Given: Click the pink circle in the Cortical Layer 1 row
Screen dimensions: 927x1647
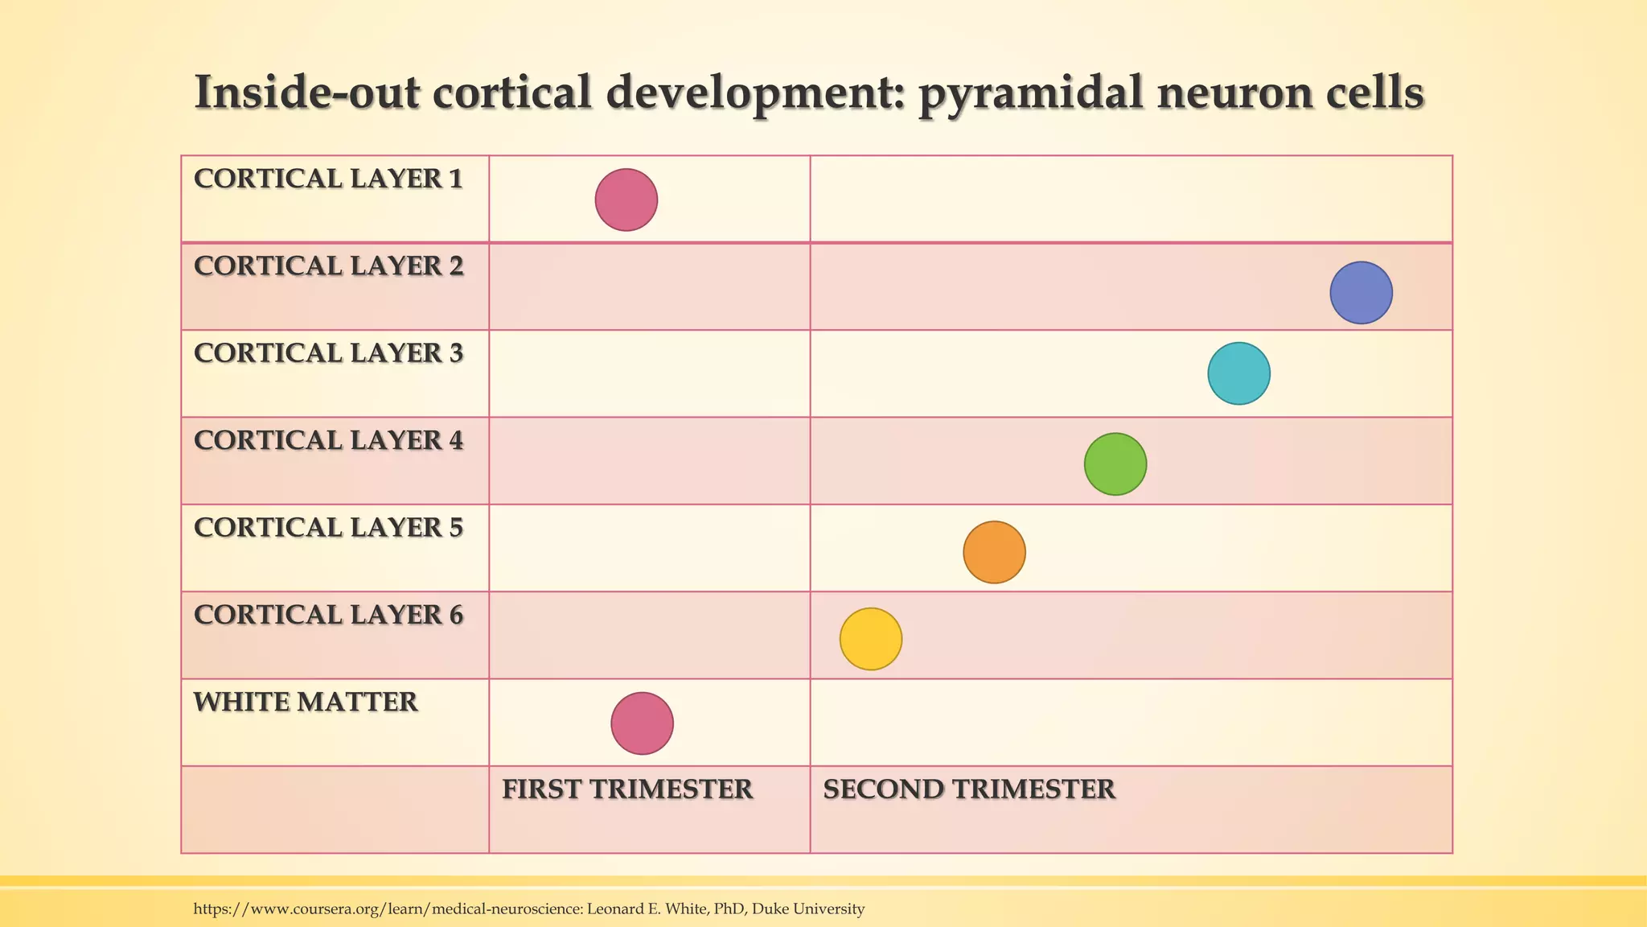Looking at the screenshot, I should [x=626, y=200].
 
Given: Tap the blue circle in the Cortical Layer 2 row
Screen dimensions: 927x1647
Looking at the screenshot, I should [x=1361, y=293].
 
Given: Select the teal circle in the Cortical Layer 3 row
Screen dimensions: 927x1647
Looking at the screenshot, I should [x=1238, y=373].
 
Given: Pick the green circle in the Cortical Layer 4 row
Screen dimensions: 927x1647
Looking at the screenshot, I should [x=1115, y=464].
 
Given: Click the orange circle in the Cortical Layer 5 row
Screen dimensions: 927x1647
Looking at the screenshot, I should [x=994, y=552].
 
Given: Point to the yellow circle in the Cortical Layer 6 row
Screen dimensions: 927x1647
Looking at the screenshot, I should [x=871, y=639].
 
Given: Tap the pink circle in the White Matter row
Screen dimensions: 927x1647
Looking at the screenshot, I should [x=642, y=723].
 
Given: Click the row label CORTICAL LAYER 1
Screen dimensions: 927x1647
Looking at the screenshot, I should [x=328, y=179].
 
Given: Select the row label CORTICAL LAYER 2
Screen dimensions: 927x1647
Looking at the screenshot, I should [x=328, y=266].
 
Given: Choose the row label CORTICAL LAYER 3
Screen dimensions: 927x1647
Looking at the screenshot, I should [x=328, y=353].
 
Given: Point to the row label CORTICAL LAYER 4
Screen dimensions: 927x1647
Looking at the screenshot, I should [x=328, y=441].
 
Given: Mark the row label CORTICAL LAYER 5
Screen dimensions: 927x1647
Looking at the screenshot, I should [x=328, y=528].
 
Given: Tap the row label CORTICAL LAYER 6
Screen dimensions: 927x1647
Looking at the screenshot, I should [x=328, y=615].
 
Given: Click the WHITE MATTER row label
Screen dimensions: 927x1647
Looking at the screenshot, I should [x=306, y=702].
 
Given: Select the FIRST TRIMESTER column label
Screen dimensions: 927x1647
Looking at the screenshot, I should [x=627, y=789].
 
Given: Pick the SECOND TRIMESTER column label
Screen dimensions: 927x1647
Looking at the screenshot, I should [x=969, y=789].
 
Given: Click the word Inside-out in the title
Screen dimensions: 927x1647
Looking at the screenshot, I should [x=306, y=93].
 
